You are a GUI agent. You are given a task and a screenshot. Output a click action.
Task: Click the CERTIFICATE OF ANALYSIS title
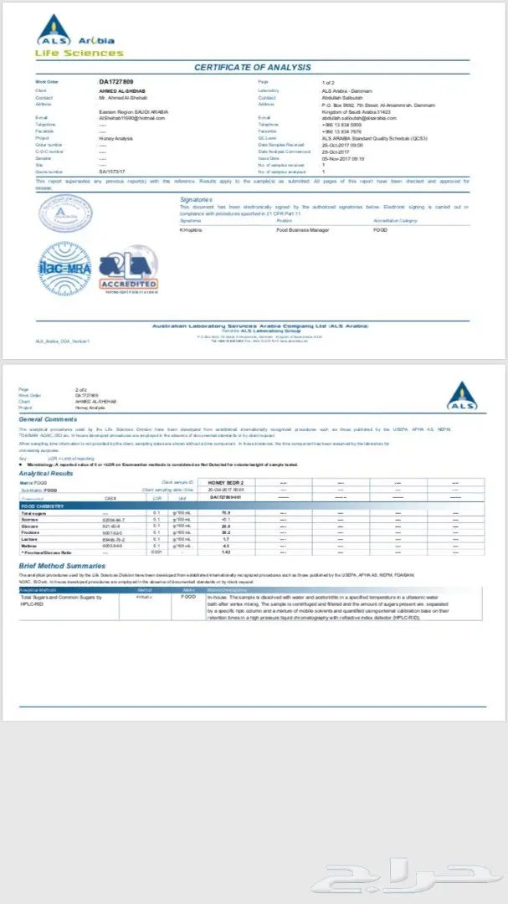(252, 67)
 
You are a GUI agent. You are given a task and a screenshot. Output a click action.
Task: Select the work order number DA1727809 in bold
(116, 82)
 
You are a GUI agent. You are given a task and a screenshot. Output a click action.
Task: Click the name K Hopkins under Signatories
(192, 229)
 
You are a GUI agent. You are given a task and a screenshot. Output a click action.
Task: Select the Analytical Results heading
(47, 474)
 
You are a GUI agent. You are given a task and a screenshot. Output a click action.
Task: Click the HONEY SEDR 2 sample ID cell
(225, 483)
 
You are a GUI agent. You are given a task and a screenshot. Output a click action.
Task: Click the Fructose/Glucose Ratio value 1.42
(225, 553)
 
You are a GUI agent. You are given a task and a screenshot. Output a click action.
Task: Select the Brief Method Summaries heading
(62, 566)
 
